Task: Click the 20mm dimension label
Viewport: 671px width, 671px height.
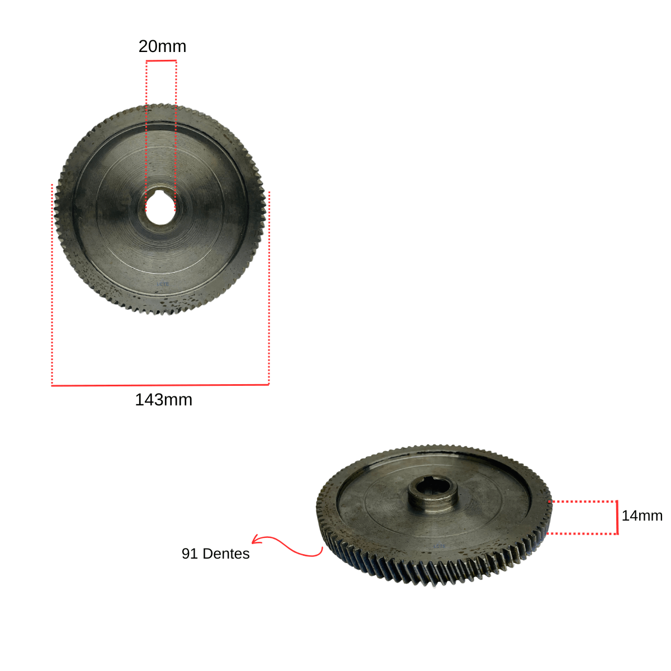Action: [x=162, y=46]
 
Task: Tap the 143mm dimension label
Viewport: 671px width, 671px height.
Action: [x=163, y=400]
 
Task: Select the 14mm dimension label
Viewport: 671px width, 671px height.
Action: [x=642, y=516]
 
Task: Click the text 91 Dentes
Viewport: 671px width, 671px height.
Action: [x=215, y=554]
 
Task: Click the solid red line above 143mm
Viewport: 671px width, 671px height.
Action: [x=160, y=385]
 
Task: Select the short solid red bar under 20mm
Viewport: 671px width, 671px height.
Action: [x=161, y=61]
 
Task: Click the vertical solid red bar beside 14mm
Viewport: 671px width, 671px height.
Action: [x=617, y=517]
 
